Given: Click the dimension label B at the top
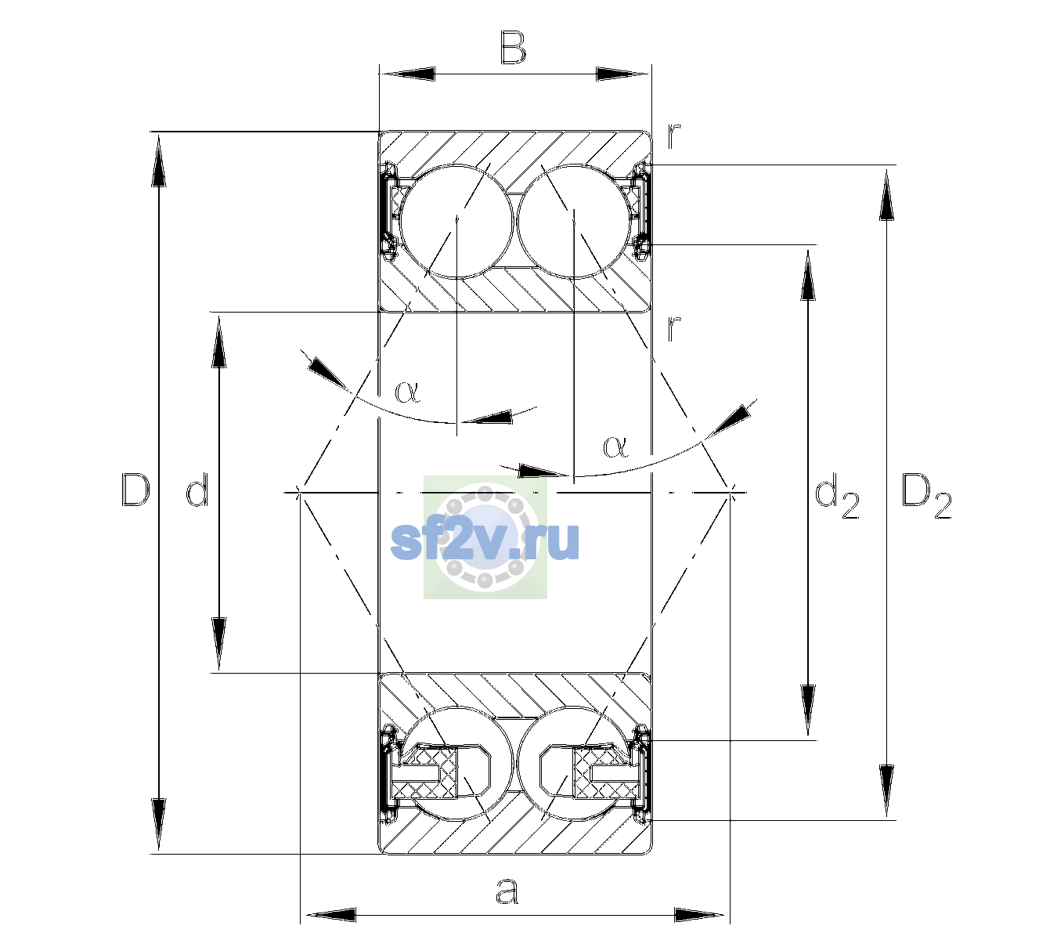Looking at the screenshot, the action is (513, 48).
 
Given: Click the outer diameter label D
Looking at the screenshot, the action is (135, 490).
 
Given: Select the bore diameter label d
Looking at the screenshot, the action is (198, 490).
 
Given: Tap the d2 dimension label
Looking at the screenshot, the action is (836, 495).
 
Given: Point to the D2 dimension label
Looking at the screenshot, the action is (926, 495).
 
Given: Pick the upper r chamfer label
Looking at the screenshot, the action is (674, 136).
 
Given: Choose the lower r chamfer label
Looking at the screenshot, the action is (674, 327).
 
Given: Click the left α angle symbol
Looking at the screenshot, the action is (407, 392).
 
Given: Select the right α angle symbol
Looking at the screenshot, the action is (615, 446).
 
